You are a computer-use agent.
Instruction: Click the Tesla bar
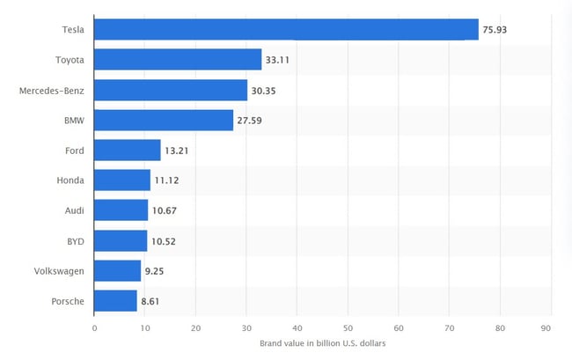click(286, 30)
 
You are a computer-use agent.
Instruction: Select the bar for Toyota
click(178, 60)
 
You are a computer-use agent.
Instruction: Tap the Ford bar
click(127, 150)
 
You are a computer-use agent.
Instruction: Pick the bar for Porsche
click(115, 301)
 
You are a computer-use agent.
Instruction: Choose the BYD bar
click(121, 240)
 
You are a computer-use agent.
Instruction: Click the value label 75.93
click(495, 30)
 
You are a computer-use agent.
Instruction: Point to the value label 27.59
click(250, 120)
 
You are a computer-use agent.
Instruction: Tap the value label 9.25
click(155, 271)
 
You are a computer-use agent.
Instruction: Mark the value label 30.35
click(264, 90)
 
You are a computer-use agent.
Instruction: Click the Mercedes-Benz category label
click(52, 90)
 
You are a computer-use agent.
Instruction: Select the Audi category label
click(74, 210)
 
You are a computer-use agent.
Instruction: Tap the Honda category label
click(70, 180)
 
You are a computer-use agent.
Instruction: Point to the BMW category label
click(74, 120)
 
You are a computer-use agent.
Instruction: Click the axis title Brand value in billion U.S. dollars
click(322, 342)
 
